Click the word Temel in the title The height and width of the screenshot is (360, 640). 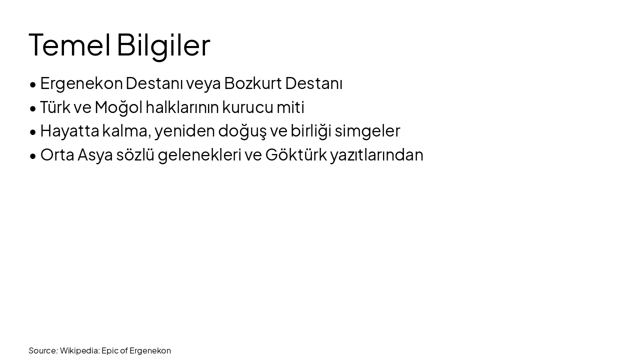coord(69,45)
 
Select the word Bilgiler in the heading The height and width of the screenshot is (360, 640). coord(163,45)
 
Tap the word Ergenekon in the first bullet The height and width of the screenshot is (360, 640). coord(81,83)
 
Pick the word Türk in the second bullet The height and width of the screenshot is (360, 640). coord(55,107)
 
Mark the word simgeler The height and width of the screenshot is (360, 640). coord(367,131)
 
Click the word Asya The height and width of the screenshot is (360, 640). coord(95,155)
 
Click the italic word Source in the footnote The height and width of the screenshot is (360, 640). coord(43,350)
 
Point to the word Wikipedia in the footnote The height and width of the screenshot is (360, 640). coord(79,350)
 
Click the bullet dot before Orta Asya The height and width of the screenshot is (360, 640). coord(33,156)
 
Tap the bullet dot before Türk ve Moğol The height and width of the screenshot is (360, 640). coord(33,108)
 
